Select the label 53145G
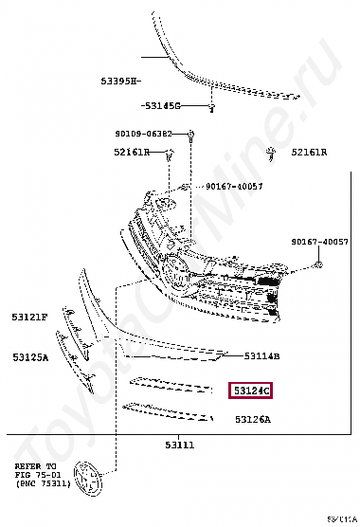coord(162,105)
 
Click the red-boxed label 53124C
coord(249,390)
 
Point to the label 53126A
coord(252,418)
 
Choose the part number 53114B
coord(261,356)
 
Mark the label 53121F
coord(30,318)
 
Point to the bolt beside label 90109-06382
coord(191,136)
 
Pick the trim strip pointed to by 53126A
coord(171,410)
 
